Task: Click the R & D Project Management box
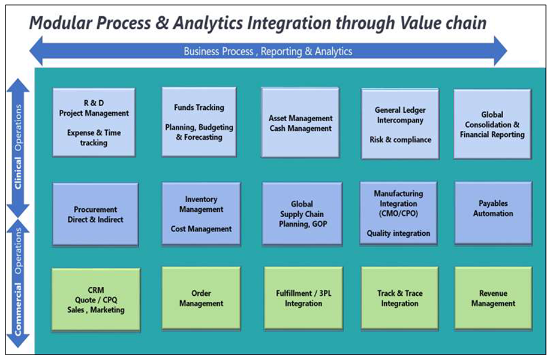pos(94,122)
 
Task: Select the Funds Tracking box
pos(199,122)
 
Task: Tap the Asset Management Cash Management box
pos(300,123)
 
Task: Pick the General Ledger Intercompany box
pos(399,124)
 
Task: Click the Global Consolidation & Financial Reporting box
pos(492,124)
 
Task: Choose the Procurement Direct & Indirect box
pos(95,214)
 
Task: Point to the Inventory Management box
pos(201,214)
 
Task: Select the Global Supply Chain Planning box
pos(302,214)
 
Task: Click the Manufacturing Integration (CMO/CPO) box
pos(399,213)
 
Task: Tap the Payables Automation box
pos(493,213)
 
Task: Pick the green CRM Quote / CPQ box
pos(96,299)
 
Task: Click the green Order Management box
pos(201,298)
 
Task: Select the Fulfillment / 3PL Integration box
pos(303,298)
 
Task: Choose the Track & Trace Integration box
pos(399,298)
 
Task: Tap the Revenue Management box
pos(493,298)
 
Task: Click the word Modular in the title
pos(64,23)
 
